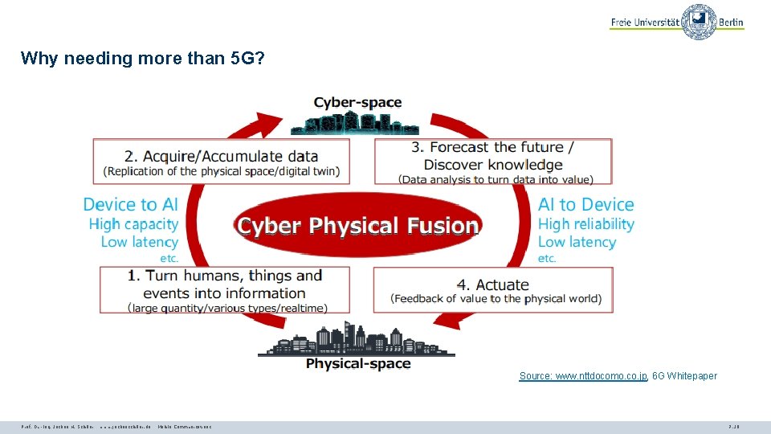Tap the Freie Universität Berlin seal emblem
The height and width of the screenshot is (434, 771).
[x=699, y=22]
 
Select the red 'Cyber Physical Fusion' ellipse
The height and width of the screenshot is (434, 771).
[x=358, y=225]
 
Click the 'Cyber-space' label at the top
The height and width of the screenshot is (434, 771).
[x=357, y=103]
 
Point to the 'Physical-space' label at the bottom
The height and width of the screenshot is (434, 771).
[x=358, y=364]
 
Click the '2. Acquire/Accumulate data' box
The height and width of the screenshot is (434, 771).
[x=222, y=162]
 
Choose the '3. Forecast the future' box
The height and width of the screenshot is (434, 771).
[x=493, y=162]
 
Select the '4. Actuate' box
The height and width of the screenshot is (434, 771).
[x=493, y=290]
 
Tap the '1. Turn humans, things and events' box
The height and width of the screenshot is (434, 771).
[x=225, y=290]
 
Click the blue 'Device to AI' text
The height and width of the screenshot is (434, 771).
[x=130, y=205]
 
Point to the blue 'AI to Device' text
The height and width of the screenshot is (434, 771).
[x=585, y=205]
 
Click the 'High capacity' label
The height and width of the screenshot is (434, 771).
[x=133, y=224]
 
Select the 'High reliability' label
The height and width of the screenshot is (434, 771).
[x=585, y=224]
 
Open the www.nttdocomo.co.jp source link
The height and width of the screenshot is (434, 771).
[x=583, y=376]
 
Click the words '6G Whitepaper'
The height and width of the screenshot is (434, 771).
[x=684, y=376]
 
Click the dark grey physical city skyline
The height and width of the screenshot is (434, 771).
[x=357, y=341]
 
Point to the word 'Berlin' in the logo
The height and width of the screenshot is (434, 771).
[x=731, y=23]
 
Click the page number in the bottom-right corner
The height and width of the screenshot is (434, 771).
[x=732, y=427]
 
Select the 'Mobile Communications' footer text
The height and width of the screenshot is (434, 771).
[x=185, y=427]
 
